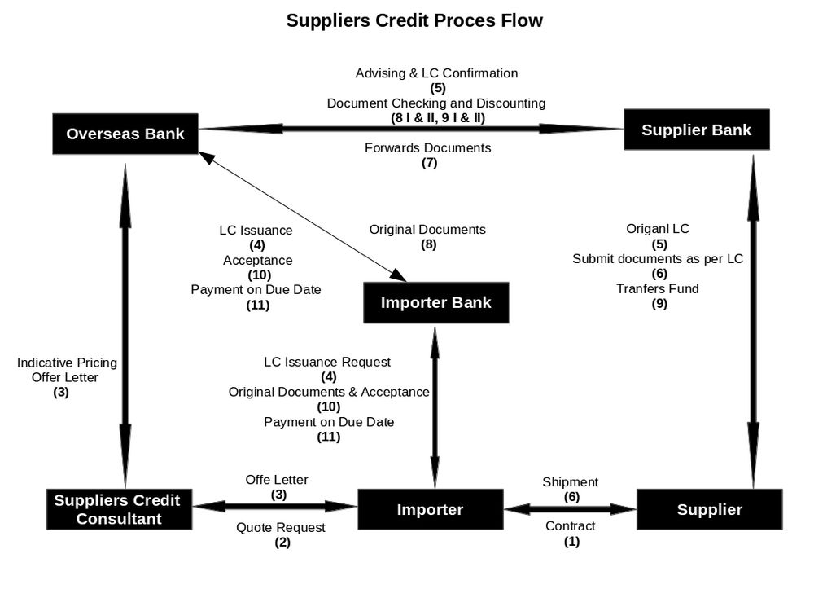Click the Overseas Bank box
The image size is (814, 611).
click(x=125, y=134)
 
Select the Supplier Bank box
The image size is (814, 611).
click(x=696, y=130)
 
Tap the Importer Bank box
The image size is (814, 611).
click(x=435, y=303)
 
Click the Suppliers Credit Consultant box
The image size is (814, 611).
click(x=117, y=509)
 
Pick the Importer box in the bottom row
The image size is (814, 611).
click(x=430, y=510)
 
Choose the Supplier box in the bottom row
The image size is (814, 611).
click(x=709, y=510)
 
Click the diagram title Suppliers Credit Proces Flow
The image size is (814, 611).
click(x=414, y=20)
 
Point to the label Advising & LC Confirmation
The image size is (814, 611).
click(x=436, y=73)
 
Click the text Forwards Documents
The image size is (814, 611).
click(x=427, y=148)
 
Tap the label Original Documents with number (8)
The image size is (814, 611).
click(x=427, y=230)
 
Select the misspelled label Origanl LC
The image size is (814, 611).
click(x=658, y=229)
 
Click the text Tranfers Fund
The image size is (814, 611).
click(x=658, y=288)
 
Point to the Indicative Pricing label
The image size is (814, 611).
click(x=67, y=363)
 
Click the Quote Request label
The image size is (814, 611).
click(x=281, y=528)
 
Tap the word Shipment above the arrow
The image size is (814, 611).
click(x=570, y=482)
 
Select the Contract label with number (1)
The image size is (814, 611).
click(x=570, y=526)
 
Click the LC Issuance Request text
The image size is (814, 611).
click(x=327, y=362)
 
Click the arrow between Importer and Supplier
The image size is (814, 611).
click(x=570, y=509)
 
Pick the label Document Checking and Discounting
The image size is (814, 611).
click(x=436, y=103)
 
